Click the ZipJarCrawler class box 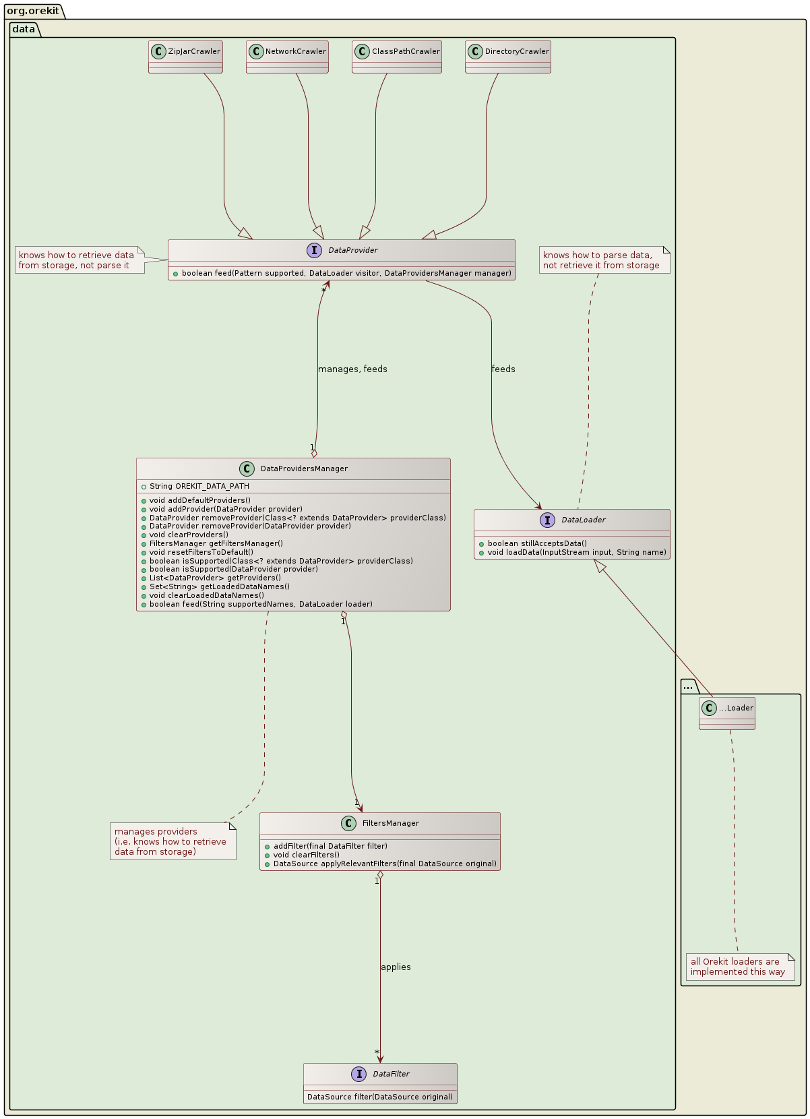tap(185, 57)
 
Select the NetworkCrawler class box tap(287, 57)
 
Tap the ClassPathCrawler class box tap(397, 57)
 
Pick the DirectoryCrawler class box tap(508, 57)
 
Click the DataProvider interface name tap(352, 250)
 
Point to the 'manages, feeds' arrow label tap(352, 369)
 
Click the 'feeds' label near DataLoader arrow tap(503, 369)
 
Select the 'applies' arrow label tap(396, 967)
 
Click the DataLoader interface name tap(583, 520)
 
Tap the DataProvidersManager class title tap(304, 468)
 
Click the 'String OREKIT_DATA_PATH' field tap(199, 486)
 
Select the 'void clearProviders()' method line tap(189, 535)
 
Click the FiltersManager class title tap(390, 823)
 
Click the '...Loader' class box tap(727, 713)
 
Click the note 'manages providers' tap(172, 841)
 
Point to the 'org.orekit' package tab tap(32, 11)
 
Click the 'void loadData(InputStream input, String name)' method tap(576, 552)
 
